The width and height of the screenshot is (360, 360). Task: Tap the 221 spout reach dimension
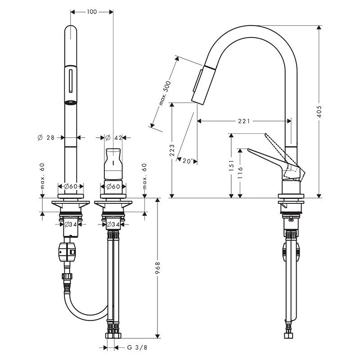243,121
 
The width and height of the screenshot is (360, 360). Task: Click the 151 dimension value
231,166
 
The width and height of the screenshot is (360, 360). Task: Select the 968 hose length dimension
157,269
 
